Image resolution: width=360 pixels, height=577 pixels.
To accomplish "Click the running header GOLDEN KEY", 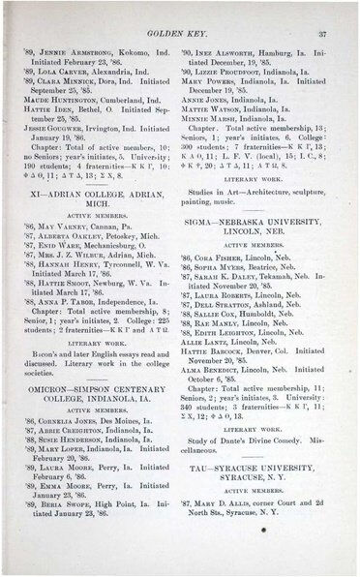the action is click(x=181, y=33).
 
